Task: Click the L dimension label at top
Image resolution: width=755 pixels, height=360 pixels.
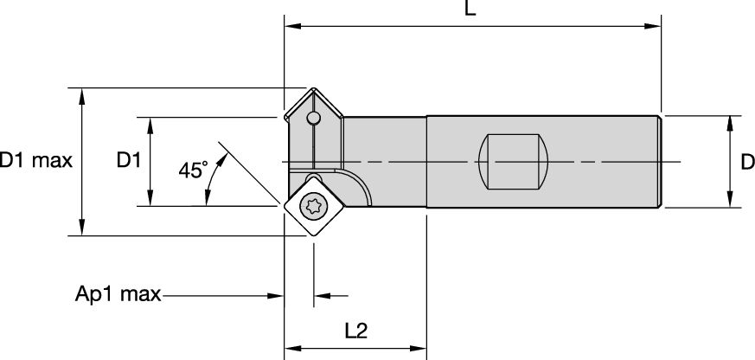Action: [470, 8]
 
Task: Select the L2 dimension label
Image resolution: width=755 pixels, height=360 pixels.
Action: [356, 331]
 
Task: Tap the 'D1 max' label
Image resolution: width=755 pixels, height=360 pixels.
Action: [36, 160]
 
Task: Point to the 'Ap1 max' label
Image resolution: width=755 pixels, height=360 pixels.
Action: [118, 293]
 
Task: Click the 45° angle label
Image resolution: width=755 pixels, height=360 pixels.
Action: [193, 170]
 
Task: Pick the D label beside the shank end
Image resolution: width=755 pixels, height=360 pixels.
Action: [747, 163]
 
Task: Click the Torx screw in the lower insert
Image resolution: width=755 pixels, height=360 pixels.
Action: [311, 207]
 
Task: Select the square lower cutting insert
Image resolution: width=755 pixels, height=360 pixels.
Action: [314, 206]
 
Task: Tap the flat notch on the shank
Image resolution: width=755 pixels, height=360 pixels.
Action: [513, 162]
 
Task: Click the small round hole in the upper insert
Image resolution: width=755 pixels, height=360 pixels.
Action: [313, 118]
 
